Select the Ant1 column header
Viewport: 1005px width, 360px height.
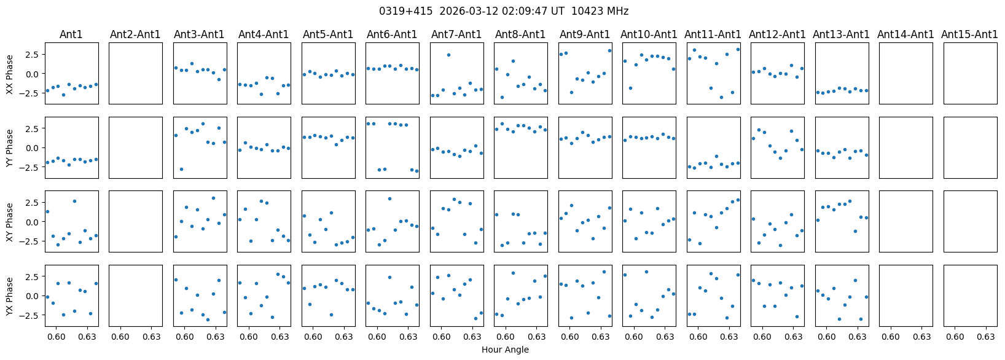(x=71, y=34)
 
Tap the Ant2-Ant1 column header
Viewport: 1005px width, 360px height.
(x=135, y=34)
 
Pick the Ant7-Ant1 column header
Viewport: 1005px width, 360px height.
(x=456, y=34)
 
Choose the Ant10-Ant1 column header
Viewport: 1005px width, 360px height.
(x=649, y=34)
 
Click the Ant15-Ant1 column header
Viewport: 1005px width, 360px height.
(x=969, y=34)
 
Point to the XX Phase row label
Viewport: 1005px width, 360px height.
(x=10, y=74)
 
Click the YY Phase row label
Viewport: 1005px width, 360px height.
(x=10, y=147)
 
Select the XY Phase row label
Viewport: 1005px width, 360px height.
(x=10, y=222)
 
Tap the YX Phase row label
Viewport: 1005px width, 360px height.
(x=10, y=295)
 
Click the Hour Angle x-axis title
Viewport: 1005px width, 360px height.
(x=505, y=350)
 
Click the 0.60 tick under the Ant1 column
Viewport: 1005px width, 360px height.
(x=56, y=337)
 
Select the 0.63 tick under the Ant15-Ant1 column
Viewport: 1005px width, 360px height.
(x=986, y=337)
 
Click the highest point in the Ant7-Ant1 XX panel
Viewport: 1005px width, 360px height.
(x=448, y=55)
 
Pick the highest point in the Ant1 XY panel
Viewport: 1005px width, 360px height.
(x=74, y=201)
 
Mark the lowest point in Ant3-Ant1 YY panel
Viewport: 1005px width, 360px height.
(x=181, y=169)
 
